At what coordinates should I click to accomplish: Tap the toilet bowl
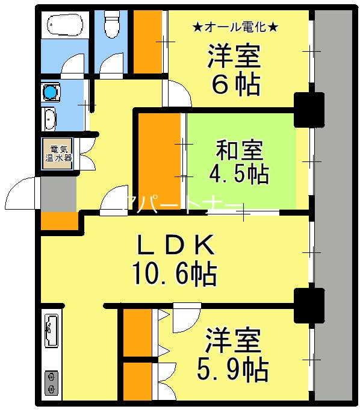click(111, 25)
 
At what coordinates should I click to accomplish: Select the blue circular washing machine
click(50, 92)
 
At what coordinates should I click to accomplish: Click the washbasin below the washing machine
click(49, 118)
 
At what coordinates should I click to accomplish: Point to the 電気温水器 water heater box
click(60, 154)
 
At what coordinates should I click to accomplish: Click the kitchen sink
click(51, 331)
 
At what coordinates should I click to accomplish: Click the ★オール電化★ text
click(235, 27)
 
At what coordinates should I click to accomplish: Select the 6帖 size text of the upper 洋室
click(235, 86)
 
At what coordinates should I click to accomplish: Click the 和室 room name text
click(239, 148)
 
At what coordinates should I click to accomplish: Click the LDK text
click(174, 246)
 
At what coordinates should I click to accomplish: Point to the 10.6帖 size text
click(175, 275)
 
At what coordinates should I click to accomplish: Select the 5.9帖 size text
click(232, 369)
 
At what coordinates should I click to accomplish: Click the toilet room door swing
click(113, 64)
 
